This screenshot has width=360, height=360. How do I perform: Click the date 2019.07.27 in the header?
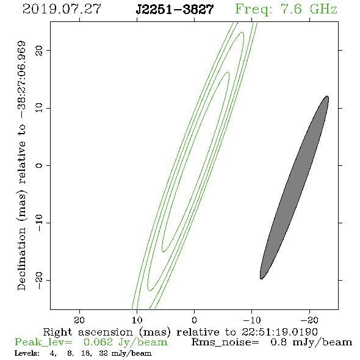click(62, 9)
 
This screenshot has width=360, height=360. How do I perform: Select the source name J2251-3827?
click(175, 10)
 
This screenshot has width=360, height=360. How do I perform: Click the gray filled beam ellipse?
click(294, 187)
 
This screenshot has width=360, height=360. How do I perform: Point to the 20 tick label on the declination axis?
click(39, 50)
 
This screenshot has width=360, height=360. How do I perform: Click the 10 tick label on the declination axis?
click(39, 107)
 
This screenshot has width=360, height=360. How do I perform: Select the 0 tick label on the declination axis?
click(39, 165)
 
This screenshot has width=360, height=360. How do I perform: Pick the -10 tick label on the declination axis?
click(39, 223)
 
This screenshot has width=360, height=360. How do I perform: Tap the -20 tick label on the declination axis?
click(39, 280)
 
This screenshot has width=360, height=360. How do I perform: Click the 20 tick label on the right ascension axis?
click(79, 320)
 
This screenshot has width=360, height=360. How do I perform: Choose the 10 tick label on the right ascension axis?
click(137, 320)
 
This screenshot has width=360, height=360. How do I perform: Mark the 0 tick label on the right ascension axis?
click(194, 320)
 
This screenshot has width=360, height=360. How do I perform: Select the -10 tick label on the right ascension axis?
click(252, 320)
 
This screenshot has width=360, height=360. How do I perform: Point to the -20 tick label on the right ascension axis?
click(309, 320)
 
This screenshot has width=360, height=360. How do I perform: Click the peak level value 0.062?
click(98, 342)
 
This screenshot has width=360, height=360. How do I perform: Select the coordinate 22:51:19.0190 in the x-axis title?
click(279, 332)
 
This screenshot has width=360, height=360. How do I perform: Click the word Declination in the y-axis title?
click(21, 259)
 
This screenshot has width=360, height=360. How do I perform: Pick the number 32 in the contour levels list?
click(103, 353)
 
